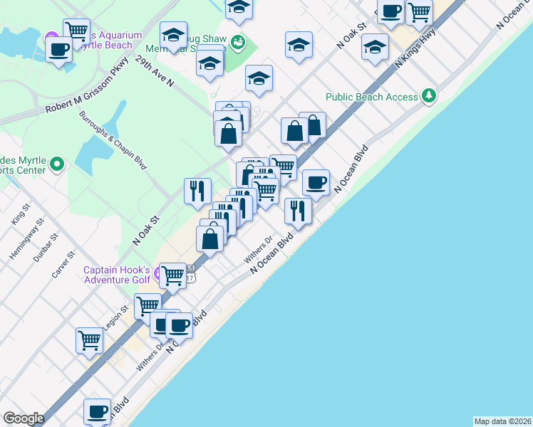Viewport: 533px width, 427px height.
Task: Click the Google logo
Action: coord(24,418)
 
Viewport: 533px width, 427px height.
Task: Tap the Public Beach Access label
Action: coord(371,97)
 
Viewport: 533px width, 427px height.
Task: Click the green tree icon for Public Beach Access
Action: coord(428,95)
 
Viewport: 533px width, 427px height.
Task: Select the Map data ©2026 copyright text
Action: coord(502,421)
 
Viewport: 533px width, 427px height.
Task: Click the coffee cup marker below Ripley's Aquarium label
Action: coord(58,49)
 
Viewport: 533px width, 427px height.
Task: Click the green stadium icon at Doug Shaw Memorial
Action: coord(238,42)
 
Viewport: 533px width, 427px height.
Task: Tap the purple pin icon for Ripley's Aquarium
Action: coord(51,38)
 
